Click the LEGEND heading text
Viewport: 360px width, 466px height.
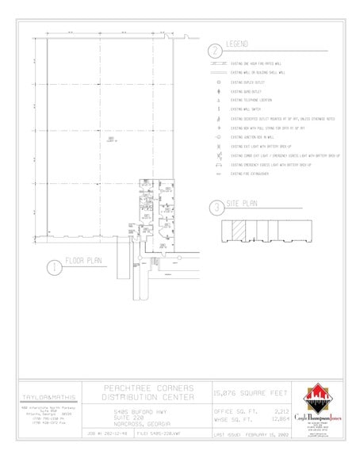click(x=239, y=43)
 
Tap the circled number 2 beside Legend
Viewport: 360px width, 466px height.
click(x=214, y=50)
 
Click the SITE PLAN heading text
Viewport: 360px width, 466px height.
click(x=239, y=203)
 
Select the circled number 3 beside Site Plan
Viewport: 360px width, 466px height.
click(x=215, y=208)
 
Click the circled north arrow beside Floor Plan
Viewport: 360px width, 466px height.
click(x=52, y=266)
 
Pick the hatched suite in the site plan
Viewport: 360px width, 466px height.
click(x=239, y=231)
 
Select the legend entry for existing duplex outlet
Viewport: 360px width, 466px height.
click(x=250, y=82)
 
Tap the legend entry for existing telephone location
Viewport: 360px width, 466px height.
click(x=254, y=100)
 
